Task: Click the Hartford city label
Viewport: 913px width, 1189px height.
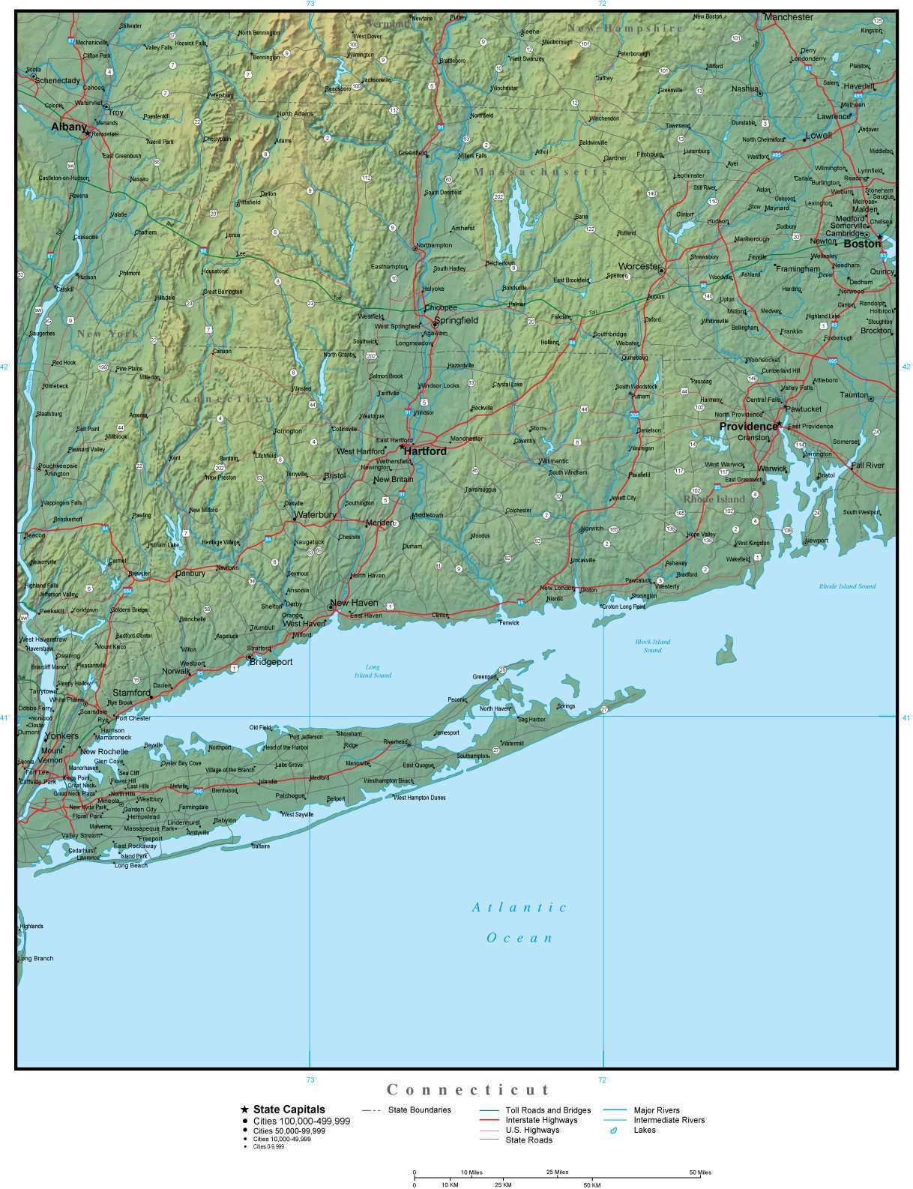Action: (425, 451)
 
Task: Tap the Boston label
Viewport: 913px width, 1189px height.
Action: (862, 244)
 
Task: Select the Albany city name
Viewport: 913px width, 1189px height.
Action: (68, 127)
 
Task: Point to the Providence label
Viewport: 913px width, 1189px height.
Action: (748, 426)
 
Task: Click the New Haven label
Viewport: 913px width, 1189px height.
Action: (354, 603)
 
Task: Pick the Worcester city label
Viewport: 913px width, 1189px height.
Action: (639, 266)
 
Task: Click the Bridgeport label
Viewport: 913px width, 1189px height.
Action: (271, 662)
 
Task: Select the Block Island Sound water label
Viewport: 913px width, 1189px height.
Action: (652, 645)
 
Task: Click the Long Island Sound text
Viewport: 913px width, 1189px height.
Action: (373, 671)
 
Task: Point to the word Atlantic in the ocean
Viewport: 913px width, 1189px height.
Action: (519, 907)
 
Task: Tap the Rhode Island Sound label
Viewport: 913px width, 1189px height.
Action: (847, 586)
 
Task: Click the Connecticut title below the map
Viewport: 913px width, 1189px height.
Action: (468, 1089)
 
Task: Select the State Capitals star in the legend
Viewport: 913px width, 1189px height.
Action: (244, 1110)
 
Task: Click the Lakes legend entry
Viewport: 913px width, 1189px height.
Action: (644, 1130)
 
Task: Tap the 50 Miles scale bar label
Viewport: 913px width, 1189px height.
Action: (700, 1172)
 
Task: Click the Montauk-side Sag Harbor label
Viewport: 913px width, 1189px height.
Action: (531, 720)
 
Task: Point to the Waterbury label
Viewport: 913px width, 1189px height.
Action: (315, 515)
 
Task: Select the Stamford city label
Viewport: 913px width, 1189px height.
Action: (131, 693)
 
